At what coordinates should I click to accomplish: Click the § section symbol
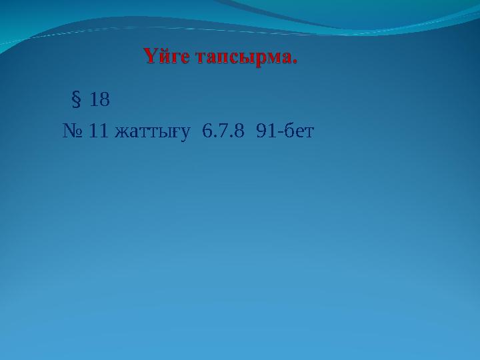75,101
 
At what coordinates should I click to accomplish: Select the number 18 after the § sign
99,101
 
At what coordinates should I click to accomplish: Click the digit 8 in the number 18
104,101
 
